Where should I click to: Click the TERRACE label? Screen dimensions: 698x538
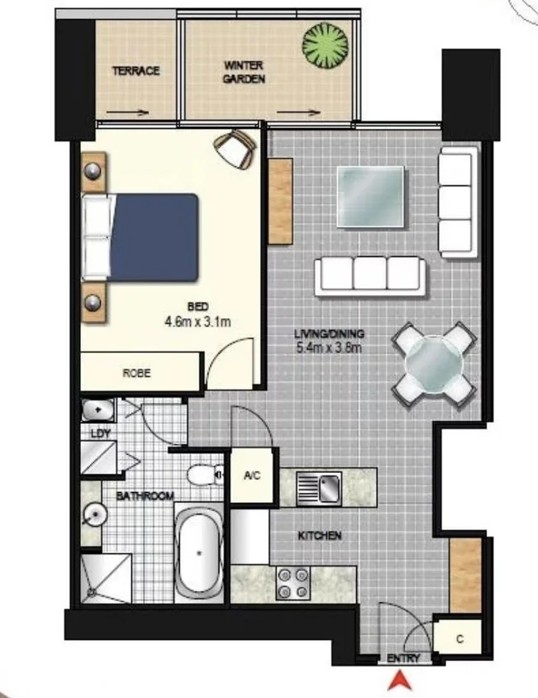(x=136, y=71)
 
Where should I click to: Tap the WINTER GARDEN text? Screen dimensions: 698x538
(x=245, y=72)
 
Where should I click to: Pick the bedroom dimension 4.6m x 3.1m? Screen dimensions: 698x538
(x=197, y=318)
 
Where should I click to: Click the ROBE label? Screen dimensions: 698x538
(x=136, y=373)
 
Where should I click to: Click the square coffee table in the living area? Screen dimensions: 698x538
(x=371, y=196)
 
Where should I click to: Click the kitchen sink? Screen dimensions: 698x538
(x=318, y=487)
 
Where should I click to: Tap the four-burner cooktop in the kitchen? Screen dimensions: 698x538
(x=292, y=583)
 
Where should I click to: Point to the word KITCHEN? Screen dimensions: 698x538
(x=319, y=536)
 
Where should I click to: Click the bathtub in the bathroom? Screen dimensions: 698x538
(x=198, y=552)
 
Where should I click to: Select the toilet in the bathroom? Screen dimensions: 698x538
(x=202, y=475)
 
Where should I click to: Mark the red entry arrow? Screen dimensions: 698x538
(x=400, y=681)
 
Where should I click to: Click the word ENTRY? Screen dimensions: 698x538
(x=403, y=659)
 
